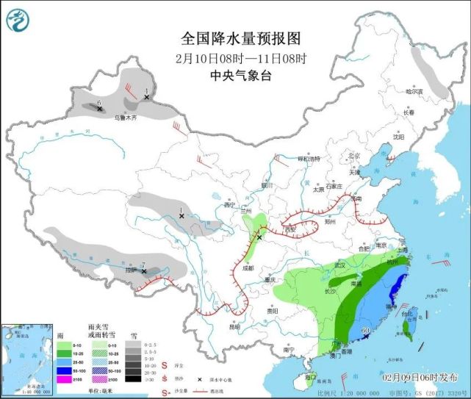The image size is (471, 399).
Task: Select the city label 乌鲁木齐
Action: click(x=125, y=117)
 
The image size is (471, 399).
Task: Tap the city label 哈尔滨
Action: click(x=417, y=91)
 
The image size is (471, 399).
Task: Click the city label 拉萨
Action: click(x=131, y=270)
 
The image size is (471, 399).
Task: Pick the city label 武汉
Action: click(x=339, y=264)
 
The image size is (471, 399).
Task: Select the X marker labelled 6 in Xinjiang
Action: click(x=100, y=109)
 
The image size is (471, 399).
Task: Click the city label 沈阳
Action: click(x=398, y=136)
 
